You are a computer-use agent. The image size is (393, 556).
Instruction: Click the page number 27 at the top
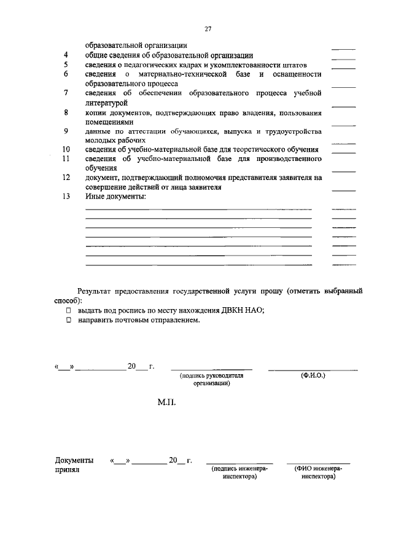(x=208, y=29)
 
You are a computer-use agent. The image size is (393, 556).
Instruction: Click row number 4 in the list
(x=66, y=55)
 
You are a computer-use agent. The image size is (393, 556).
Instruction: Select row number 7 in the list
(x=66, y=93)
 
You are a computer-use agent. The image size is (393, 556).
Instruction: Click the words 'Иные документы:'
(x=115, y=197)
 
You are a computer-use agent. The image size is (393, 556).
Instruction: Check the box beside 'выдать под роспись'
(x=69, y=310)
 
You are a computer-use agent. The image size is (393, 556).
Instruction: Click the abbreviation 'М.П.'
(x=167, y=405)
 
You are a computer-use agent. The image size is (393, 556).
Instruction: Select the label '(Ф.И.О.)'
(x=313, y=375)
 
